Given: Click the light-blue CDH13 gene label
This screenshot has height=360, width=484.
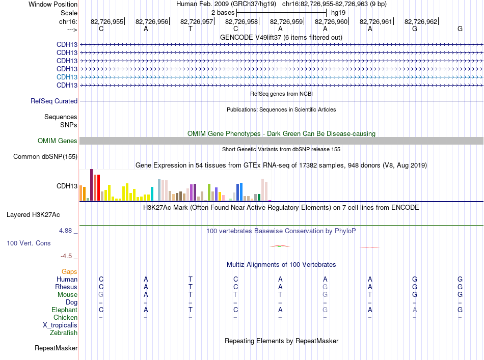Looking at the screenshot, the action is tap(67, 77).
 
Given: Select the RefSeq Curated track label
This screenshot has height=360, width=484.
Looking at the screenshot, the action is tap(54, 101).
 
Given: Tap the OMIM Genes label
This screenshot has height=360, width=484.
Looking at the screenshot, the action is tap(58, 141).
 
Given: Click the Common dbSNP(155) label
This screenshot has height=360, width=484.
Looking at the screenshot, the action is tap(45, 157).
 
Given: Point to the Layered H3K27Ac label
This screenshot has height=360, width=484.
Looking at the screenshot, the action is tap(33, 215).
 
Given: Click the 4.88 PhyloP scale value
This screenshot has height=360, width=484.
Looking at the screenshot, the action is tap(65, 231).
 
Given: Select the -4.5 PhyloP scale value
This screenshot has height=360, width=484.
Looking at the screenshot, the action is tap(66, 256).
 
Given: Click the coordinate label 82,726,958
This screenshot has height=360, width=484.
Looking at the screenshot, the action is tap(241, 21).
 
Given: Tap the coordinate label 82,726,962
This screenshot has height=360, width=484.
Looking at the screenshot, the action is tap(421, 21).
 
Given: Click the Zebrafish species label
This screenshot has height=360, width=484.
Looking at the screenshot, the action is tap(64, 333).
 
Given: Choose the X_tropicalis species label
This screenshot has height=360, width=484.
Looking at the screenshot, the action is tap(60, 325).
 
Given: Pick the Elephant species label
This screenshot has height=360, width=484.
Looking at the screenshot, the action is tap(65, 310).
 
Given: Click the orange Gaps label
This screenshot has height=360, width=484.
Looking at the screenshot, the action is tap(69, 272).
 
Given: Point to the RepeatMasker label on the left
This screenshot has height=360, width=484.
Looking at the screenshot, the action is tap(56, 348).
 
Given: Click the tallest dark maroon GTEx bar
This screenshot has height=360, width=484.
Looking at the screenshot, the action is tap(91, 185).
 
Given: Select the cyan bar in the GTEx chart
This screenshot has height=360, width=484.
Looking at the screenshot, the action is tap(152, 193).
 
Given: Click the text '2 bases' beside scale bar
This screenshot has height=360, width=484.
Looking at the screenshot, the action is tap(223, 13).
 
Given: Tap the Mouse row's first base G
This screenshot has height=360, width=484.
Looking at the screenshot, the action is tap(101, 295).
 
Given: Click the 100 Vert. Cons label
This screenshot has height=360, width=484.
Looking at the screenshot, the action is tap(29, 243).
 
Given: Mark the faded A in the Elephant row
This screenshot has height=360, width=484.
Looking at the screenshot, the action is tap(415, 310).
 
